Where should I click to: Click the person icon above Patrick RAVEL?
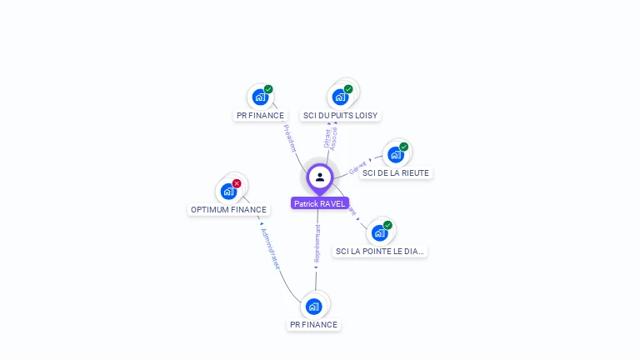(320, 177)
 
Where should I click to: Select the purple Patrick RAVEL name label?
(319, 203)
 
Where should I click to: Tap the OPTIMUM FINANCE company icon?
(227, 192)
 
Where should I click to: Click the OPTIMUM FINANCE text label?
(228, 210)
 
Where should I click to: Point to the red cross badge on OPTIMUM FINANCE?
(237, 183)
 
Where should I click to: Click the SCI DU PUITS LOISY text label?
(341, 116)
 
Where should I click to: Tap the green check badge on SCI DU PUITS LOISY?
(348, 89)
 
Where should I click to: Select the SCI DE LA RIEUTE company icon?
(395, 155)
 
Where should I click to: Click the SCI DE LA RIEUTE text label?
(396, 173)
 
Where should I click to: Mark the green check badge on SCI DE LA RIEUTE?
(403, 147)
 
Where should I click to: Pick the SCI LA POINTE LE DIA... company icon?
(379, 232)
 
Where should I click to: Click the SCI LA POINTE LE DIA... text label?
(380, 251)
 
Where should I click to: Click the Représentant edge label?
(317, 242)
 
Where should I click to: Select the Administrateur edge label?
(271, 248)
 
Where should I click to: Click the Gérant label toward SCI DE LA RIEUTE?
(358, 167)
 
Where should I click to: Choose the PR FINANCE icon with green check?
(260, 97)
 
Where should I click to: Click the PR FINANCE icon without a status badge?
(314, 306)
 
